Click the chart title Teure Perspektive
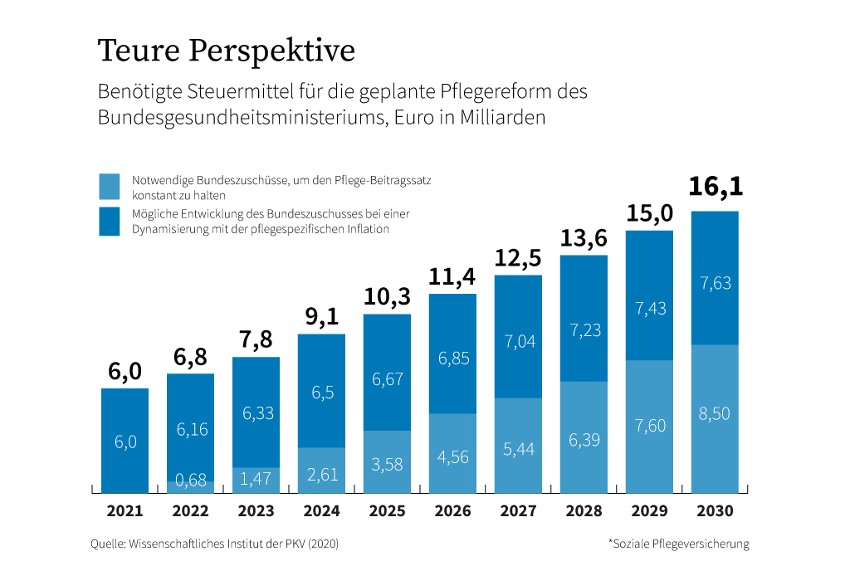(x=226, y=51)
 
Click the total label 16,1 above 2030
(x=715, y=187)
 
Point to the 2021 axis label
(x=125, y=511)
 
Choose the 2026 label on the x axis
(x=452, y=511)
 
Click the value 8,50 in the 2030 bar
(x=715, y=413)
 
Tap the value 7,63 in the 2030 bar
(x=715, y=283)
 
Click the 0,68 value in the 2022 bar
(x=190, y=481)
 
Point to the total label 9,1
(x=321, y=317)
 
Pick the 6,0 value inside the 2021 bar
(x=125, y=442)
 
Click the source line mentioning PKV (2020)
(x=214, y=544)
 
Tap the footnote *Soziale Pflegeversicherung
(x=678, y=544)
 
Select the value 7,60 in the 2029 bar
(x=649, y=425)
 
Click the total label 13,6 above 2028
(x=584, y=238)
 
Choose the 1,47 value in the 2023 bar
(x=256, y=477)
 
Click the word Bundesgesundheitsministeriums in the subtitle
(x=240, y=117)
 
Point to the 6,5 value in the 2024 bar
(x=321, y=393)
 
